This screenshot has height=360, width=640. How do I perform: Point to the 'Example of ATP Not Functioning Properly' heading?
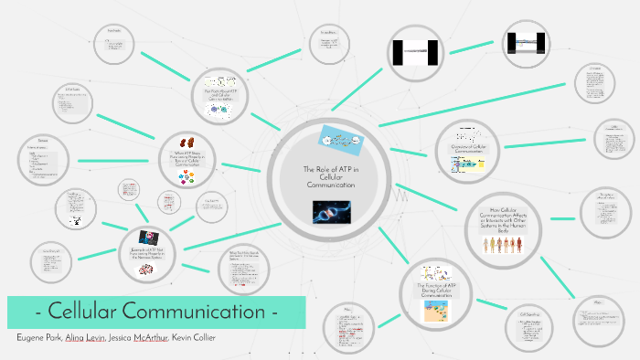pyautogui.click(x=152, y=255)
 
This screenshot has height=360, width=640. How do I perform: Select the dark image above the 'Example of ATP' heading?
pyautogui.click(x=151, y=238)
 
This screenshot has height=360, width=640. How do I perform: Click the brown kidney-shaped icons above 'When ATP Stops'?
pyautogui.click(x=191, y=143)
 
